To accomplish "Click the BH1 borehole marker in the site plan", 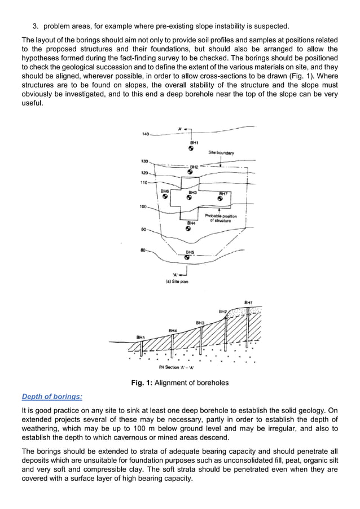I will tap(192, 149).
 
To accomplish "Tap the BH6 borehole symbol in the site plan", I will tap(165, 197).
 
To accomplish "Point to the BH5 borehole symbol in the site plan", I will tap(187, 257).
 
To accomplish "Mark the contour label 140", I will tap(145, 134).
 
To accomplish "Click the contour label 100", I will tap(143, 207).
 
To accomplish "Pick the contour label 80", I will tap(144, 249).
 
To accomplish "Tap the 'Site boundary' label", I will tap(221, 152).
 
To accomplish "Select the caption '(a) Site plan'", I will tap(177, 280).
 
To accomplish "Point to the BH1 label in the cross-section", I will tap(248, 303).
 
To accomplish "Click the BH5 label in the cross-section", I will tap(141, 337).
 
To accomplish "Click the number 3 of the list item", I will tap(34, 26).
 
